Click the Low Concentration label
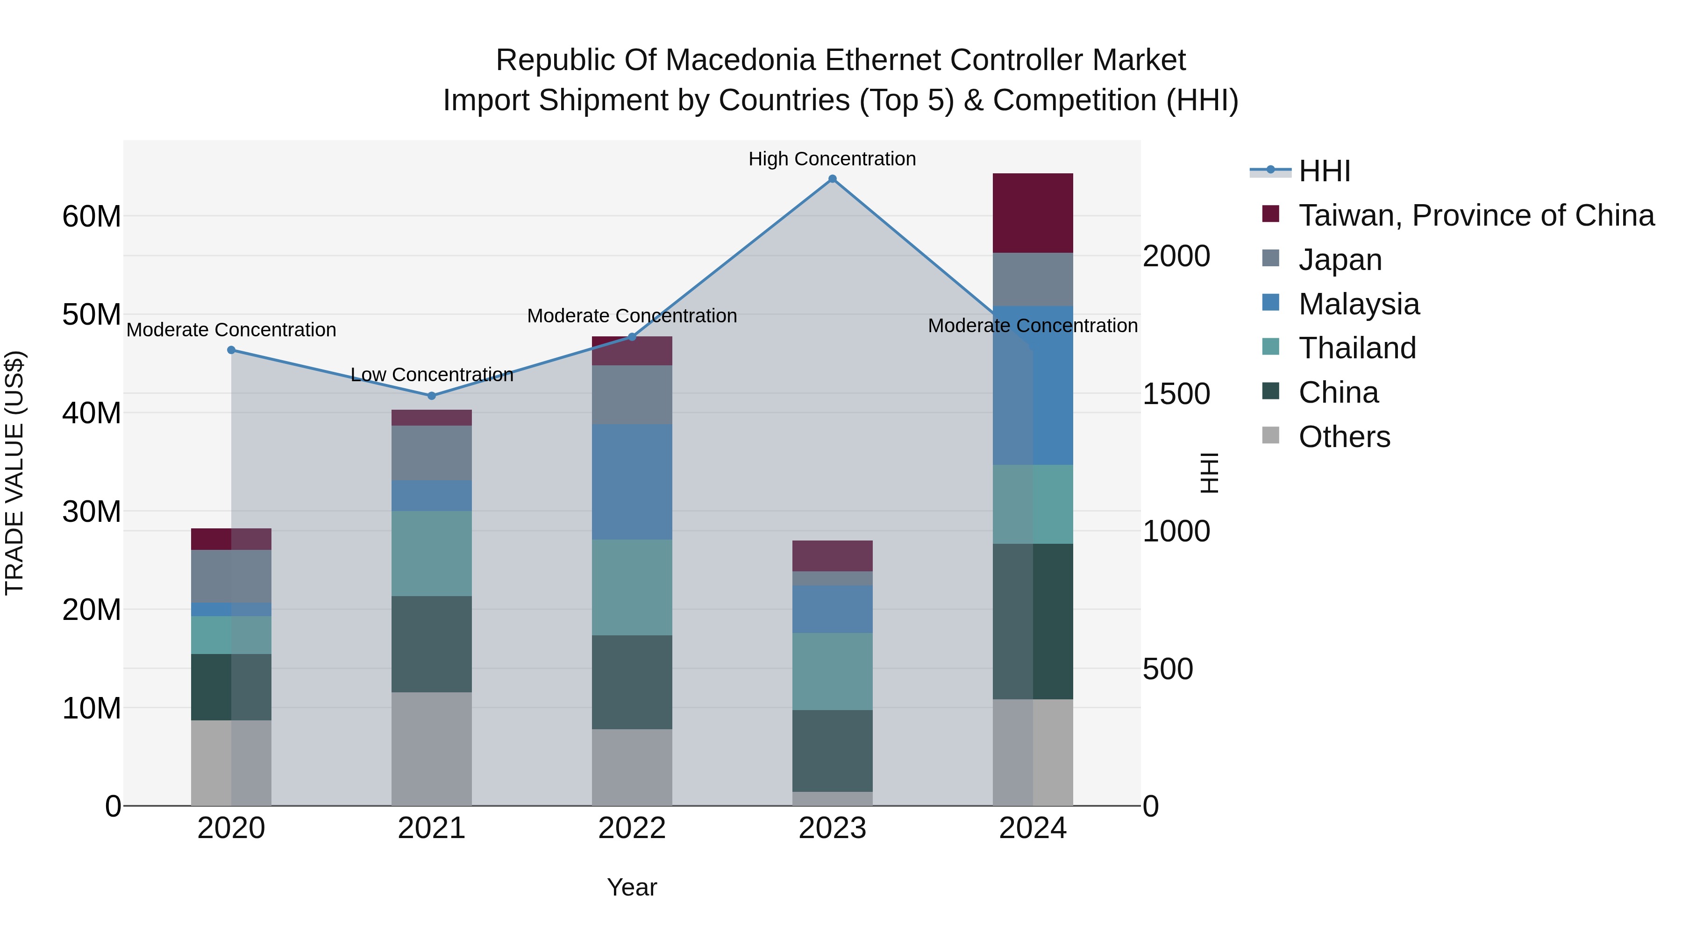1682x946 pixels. (x=432, y=375)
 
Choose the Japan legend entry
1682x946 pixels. (x=1340, y=260)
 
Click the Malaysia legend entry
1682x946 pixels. (x=1359, y=304)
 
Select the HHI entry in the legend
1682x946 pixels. (x=1324, y=171)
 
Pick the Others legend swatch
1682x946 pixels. (x=1271, y=435)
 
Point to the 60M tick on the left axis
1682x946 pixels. (x=92, y=216)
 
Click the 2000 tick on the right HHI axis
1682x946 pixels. (x=1176, y=256)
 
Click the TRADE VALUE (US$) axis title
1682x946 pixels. (x=14, y=473)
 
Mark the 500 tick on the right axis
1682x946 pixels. (x=1168, y=669)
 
